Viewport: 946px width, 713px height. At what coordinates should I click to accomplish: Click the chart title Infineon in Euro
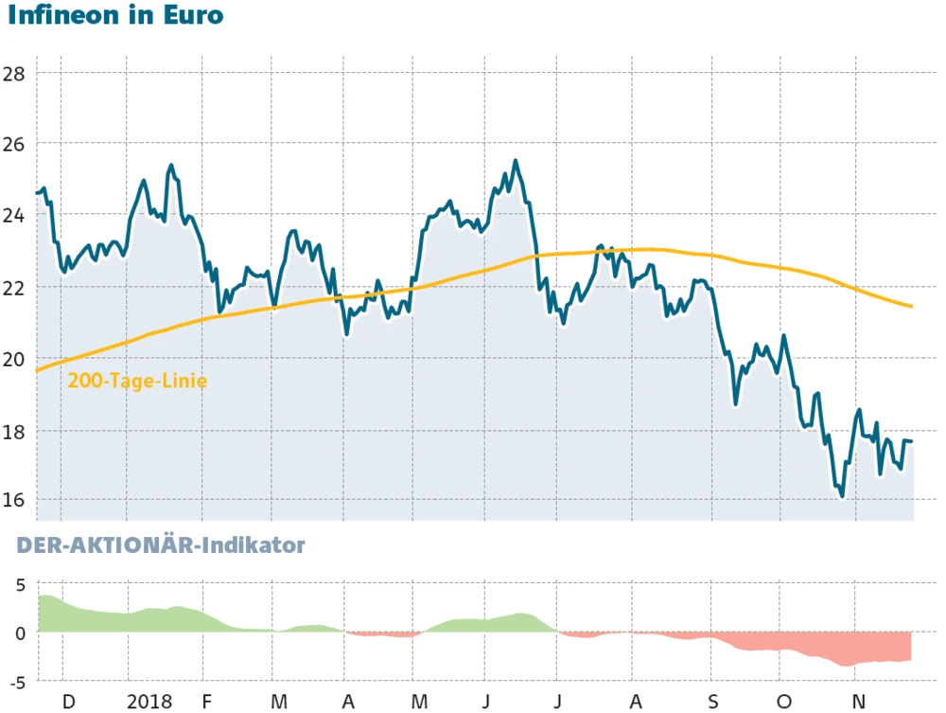tap(115, 17)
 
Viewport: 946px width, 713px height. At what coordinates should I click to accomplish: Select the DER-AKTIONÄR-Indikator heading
tap(156, 545)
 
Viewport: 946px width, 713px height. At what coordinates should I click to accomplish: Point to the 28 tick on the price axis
tap(13, 74)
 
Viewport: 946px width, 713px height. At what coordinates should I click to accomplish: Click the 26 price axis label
tap(13, 145)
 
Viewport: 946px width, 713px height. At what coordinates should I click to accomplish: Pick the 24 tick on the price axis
tap(13, 216)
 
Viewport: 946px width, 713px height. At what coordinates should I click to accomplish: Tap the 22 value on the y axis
tap(13, 287)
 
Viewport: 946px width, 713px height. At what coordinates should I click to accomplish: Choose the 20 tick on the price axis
tap(13, 359)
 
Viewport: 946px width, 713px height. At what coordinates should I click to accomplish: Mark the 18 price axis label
tap(13, 431)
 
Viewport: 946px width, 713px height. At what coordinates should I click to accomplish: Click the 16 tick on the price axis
tap(13, 501)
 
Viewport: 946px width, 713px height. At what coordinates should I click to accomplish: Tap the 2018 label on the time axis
tap(149, 702)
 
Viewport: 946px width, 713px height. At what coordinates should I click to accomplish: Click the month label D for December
tap(68, 702)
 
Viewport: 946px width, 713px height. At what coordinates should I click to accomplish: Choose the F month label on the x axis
tap(207, 702)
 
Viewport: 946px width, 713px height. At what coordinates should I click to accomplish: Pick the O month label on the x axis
tap(784, 702)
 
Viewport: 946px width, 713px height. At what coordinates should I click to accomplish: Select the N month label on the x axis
tap(859, 702)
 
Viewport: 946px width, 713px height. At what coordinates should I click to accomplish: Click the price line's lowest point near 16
tap(841, 495)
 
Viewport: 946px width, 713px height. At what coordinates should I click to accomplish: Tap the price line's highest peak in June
tap(515, 161)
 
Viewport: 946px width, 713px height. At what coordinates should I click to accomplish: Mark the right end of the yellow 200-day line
tap(911, 306)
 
